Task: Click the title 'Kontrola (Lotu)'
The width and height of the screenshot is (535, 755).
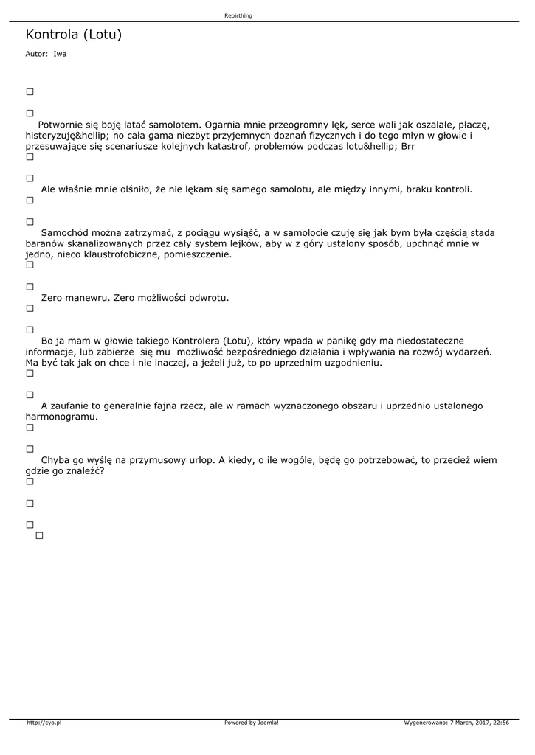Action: coord(73,35)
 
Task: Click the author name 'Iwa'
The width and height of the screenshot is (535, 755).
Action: coord(60,54)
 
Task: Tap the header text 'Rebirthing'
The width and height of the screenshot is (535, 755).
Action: coord(238,15)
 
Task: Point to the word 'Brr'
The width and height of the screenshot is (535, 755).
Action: coord(408,146)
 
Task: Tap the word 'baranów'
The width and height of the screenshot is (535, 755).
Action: coord(44,243)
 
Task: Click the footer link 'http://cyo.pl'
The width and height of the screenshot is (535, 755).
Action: coord(44,723)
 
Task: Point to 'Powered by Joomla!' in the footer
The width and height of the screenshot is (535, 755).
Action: coord(252,723)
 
